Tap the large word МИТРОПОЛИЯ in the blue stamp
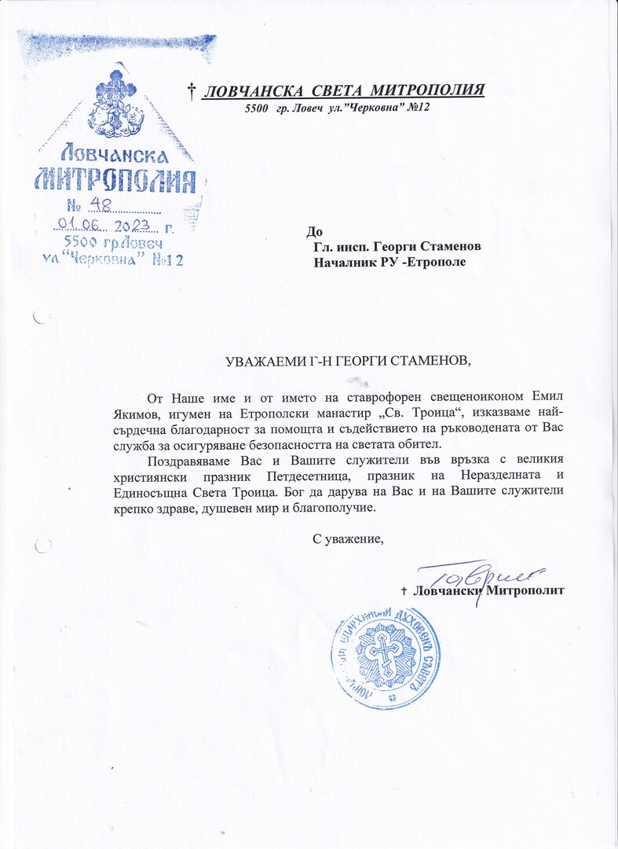pos(115,180)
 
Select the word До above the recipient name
pos(314,231)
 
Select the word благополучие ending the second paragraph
pos(338,507)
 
